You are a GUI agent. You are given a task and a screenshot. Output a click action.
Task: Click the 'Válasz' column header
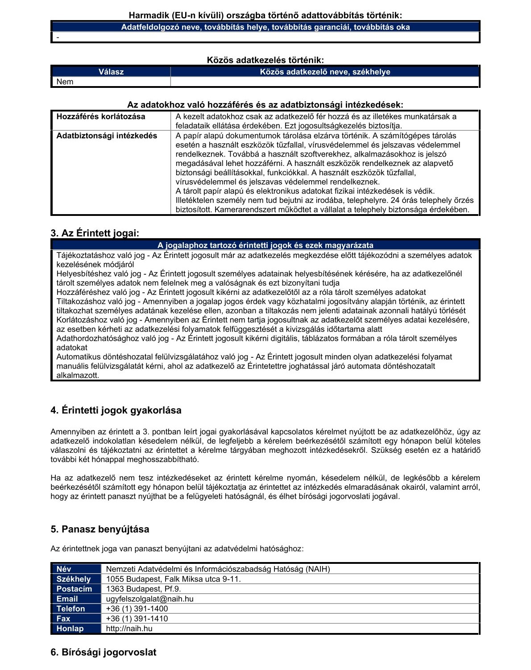[111, 72]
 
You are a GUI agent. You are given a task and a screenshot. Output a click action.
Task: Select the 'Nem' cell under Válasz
[65, 82]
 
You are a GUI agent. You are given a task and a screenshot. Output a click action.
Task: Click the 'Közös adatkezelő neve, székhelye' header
[325, 72]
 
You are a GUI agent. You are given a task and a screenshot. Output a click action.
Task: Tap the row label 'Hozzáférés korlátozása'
[101, 116]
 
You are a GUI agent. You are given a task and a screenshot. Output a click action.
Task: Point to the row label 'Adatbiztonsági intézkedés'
[107, 136]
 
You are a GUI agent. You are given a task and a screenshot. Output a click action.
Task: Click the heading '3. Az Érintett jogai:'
[95, 233]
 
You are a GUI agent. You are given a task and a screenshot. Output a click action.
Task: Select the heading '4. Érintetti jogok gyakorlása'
[116, 410]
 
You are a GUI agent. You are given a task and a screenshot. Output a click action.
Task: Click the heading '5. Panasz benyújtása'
[100, 529]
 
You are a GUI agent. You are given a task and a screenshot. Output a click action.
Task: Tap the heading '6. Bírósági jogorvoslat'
[104, 653]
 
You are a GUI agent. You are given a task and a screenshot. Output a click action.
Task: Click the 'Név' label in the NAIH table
[64, 569]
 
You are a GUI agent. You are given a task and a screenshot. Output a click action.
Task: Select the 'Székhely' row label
[74, 579]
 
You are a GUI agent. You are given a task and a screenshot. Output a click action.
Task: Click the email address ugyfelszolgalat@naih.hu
[150, 599]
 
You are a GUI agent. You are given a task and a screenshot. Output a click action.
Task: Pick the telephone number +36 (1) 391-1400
[137, 608]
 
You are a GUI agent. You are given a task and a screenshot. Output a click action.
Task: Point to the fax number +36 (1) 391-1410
[137, 619]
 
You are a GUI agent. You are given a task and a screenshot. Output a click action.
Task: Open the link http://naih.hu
[129, 629]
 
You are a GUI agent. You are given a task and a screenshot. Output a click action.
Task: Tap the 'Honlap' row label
[70, 629]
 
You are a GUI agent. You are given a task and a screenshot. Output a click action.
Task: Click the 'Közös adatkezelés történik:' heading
[265, 60]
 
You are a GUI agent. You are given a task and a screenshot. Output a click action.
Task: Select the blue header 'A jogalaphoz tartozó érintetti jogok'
[265, 245]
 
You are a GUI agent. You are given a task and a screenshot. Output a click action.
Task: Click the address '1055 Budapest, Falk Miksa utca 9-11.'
[174, 579]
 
